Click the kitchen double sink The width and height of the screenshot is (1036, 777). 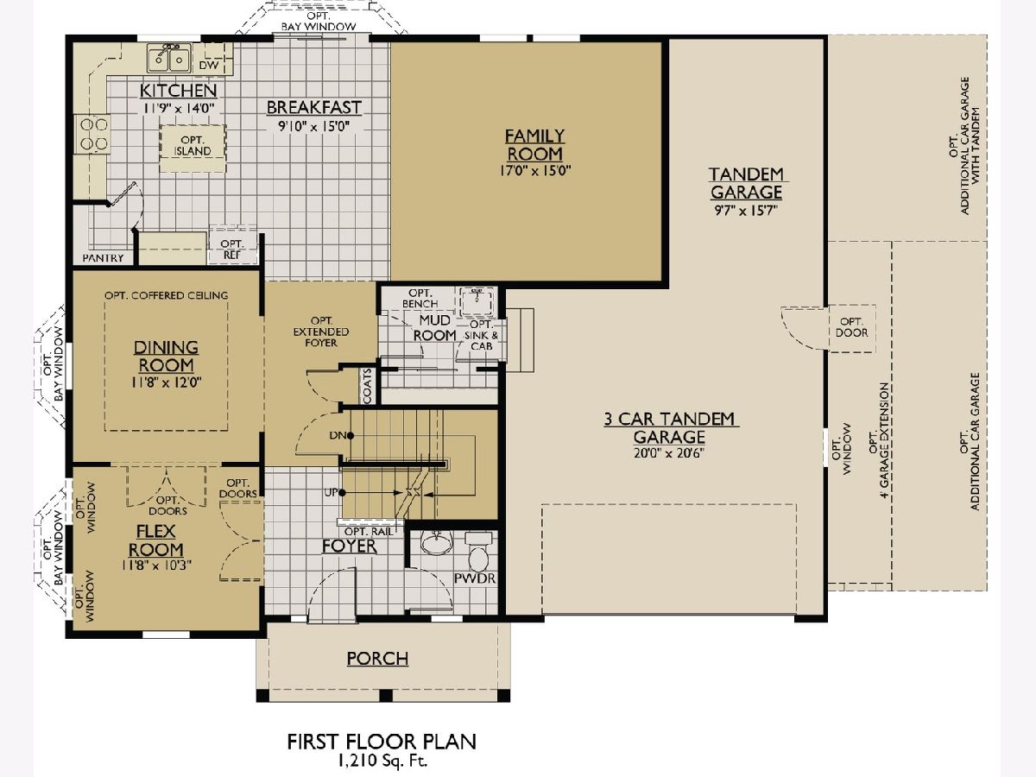[x=168, y=58]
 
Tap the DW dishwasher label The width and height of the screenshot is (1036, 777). [x=209, y=65]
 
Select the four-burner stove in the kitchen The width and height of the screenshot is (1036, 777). [x=93, y=134]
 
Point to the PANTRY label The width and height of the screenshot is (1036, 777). [x=103, y=258]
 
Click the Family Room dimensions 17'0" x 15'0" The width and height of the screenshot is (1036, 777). [x=535, y=170]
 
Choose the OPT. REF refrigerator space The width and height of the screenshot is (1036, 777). [x=232, y=250]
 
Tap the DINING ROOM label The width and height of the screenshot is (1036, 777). [x=166, y=357]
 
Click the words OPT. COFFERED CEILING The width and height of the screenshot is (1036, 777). [x=166, y=295]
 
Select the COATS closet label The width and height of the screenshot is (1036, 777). [x=368, y=386]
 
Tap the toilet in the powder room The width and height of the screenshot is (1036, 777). [x=478, y=553]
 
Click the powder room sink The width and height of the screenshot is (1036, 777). [x=437, y=542]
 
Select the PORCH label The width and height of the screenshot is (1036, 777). [x=377, y=659]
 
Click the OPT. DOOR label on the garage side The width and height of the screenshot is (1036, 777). [x=851, y=327]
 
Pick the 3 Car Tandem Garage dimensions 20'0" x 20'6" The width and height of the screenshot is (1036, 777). [x=669, y=453]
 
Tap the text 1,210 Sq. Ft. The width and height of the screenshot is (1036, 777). [x=382, y=761]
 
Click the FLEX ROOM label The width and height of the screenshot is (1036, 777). [x=156, y=540]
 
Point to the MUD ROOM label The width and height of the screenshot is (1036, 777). [x=435, y=328]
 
